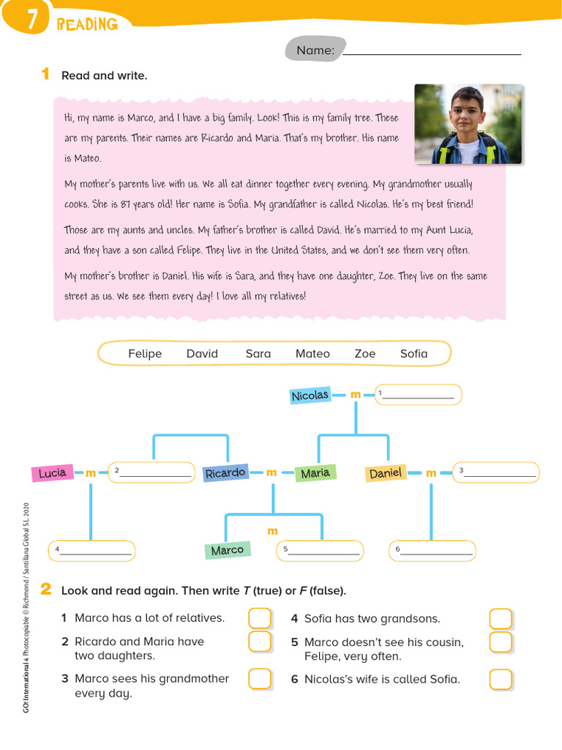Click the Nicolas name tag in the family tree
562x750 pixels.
point(310,396)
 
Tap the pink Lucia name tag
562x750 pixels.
point(53,473)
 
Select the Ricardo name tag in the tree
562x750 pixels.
point(225,473)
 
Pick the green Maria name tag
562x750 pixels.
point(315,473)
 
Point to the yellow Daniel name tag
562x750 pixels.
point(386,473)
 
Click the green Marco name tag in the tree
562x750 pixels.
point(227,550)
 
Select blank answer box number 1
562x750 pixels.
point(418,395)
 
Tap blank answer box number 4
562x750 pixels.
point(91,551)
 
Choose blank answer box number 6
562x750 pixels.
point(432,551)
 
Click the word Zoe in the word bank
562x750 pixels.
point(365,354)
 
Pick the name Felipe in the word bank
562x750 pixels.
point(145,354)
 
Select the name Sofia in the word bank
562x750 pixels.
point(413,354)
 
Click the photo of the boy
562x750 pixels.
point(468,124)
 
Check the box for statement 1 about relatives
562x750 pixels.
point(260,618)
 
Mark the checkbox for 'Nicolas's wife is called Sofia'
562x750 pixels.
point(501,680)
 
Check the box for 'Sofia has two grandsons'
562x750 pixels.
point(501,619)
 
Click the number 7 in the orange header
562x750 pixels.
point(31,22)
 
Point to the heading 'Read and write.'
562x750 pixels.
point(104,75)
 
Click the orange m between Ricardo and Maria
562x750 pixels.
point(271,473)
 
